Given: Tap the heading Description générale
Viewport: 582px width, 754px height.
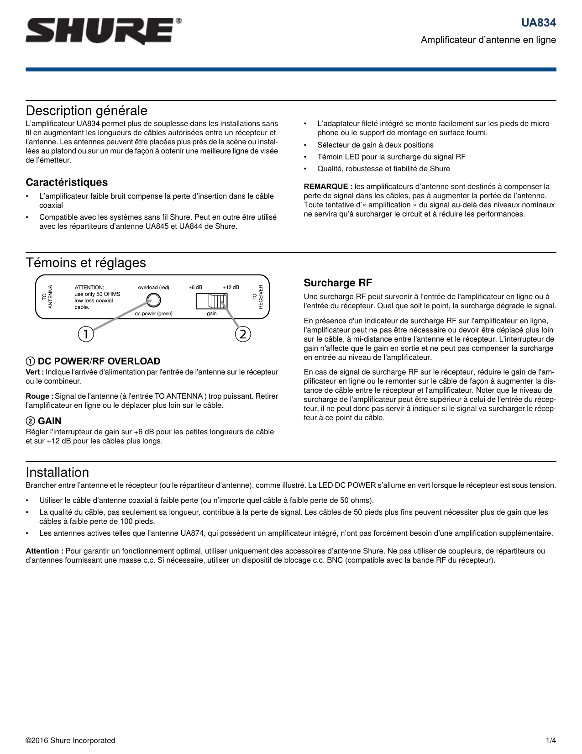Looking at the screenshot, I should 86,111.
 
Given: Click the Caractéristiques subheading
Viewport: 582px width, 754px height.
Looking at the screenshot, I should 67,182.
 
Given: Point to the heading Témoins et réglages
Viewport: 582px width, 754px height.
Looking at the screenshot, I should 86,263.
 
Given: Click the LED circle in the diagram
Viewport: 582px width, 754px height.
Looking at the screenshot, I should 153,300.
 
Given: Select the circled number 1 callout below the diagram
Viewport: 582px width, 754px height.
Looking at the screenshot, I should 86,334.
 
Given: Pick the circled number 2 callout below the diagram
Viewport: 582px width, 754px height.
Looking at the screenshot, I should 243,334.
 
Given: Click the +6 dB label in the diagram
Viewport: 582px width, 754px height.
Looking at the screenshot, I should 195,287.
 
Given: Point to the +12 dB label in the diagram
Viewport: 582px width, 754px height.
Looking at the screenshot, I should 231,287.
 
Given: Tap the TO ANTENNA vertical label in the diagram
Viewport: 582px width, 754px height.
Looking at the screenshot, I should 47,297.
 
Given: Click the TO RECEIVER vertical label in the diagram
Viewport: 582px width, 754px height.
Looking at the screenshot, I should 258,297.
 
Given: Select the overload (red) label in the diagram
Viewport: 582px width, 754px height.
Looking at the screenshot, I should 153,287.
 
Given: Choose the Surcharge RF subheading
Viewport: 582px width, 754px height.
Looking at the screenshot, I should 338,283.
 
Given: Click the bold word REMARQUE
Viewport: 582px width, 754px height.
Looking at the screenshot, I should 328,186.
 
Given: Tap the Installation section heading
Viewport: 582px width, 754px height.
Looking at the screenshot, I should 57,472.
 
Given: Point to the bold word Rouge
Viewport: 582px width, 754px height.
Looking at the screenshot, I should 39,396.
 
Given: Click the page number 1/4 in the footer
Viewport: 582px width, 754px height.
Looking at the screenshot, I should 551,740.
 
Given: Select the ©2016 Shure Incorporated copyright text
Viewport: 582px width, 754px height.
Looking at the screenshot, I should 70,740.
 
